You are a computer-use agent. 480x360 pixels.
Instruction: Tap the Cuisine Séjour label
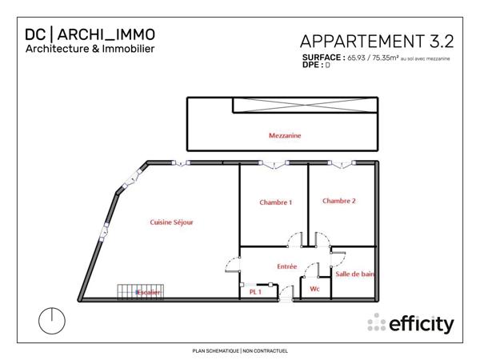point(172,222)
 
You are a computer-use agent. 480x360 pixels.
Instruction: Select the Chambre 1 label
point(275,202)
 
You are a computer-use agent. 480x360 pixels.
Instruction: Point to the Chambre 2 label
point(338,201)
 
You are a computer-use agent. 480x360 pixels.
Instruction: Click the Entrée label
point(286,266)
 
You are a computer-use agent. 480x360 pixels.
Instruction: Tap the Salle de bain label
point(355,274)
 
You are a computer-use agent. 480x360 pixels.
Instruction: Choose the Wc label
point(314,289)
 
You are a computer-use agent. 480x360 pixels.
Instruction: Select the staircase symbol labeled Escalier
point(140,291)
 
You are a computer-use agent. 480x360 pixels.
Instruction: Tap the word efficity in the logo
point(421,324)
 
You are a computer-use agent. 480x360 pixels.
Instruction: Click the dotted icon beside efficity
point(375,324)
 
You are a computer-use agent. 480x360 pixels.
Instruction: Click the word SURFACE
point(323,58)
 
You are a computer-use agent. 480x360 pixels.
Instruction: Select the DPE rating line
point(317,66)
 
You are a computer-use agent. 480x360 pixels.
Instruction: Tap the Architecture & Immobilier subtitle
point(90,49)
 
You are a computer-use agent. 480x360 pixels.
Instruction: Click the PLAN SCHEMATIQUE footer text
point(215,350)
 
